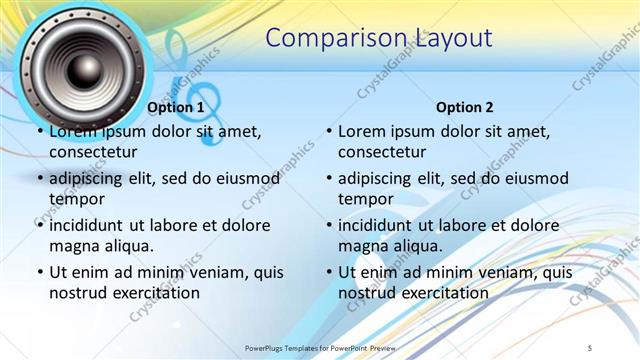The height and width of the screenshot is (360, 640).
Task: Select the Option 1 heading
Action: click(175, 107)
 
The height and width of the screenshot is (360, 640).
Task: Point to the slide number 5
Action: click(591, 347)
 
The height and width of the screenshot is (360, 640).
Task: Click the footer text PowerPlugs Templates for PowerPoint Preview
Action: click(320, 347)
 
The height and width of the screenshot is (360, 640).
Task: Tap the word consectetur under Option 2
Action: click(382, 152)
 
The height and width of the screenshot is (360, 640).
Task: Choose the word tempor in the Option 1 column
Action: click(76, 199)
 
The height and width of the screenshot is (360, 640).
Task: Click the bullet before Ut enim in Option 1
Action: click(39, 272)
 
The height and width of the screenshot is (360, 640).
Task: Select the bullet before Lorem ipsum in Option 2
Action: click(328, 131)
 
